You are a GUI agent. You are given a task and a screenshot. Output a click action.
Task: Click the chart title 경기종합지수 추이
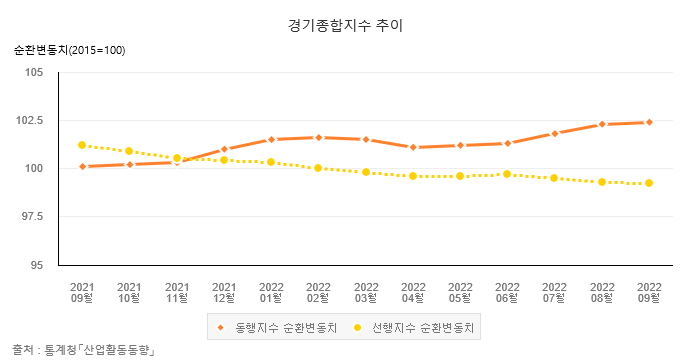(344, 24)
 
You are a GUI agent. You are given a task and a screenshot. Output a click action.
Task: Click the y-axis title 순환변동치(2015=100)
(69, 50)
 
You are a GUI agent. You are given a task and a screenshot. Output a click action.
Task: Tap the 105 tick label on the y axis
(35, 72)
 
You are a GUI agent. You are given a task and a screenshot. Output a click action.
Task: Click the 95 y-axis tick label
(38, 265)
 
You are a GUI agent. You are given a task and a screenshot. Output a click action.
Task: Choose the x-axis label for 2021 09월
(82, 291)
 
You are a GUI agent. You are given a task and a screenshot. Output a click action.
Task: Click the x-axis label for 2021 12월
(224, 291)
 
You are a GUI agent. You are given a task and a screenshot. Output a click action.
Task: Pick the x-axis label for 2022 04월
(413, 291)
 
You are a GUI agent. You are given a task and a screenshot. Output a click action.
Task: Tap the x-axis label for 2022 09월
(649, 291)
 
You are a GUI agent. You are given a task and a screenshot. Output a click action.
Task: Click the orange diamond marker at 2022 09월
(649, 122)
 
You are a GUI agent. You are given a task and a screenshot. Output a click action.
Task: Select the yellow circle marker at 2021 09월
(82, 145)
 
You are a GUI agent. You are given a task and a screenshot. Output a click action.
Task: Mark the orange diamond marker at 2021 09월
(82, 166)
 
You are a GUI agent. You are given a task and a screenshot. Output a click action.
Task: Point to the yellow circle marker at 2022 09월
(649, 183)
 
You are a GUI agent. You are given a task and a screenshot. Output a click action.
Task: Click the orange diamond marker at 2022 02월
(318, 137)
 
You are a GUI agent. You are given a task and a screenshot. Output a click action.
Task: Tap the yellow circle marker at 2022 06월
(507, 174)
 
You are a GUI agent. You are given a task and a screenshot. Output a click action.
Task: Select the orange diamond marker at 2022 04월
(413, 147)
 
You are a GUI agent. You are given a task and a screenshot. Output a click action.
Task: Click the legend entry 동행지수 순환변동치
(278, 327)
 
